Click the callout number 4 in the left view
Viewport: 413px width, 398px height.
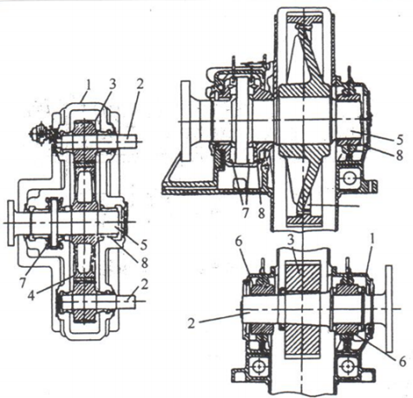(33, 295)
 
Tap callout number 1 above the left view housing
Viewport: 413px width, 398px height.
(88, 86)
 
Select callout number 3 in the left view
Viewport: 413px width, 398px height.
(112, 84)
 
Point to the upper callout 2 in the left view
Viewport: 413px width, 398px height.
(140, 85)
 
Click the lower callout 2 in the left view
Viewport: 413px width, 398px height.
(145, 284)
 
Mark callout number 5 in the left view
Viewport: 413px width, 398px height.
(144, 245)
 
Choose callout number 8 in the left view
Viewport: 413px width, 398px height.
(144, 263)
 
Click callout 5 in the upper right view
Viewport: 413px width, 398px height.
(400, 140)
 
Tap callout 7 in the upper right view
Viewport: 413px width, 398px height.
(246, 213)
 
